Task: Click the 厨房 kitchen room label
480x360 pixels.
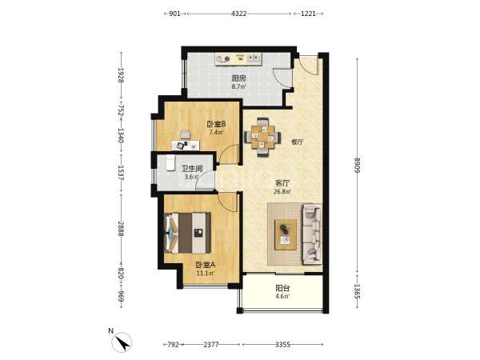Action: (x=238, y=78)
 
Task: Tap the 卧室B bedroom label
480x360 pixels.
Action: (x=217, y=124)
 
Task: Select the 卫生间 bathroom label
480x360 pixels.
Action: (x=192, y=169)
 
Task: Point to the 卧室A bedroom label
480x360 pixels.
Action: (x=206, y=265)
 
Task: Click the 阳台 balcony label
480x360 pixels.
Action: (x=282, y=288)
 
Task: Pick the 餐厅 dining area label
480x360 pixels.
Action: (x=298, y=142)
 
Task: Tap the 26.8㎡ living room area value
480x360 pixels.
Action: (x=282, y=192)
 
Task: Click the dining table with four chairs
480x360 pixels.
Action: (x=262, y=137)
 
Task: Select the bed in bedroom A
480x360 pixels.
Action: (x=187, y=233)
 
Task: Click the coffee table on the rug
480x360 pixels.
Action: (x=286, y=234)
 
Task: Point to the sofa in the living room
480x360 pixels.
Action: (x=312, y=234)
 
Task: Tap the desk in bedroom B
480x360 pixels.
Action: (x=186, y=146)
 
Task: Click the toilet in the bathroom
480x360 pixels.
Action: (x=170, y=162)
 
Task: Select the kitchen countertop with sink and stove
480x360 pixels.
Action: (x=238, y=58)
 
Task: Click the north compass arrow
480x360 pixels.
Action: (x=122, y=342)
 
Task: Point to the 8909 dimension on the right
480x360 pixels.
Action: (x=358, y=165)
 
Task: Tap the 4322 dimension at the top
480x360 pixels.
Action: (x=238, y=14)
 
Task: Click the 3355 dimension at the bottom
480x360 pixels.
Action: (x=282, y=345)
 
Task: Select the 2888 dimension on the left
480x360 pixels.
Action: (x=121, y=229)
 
